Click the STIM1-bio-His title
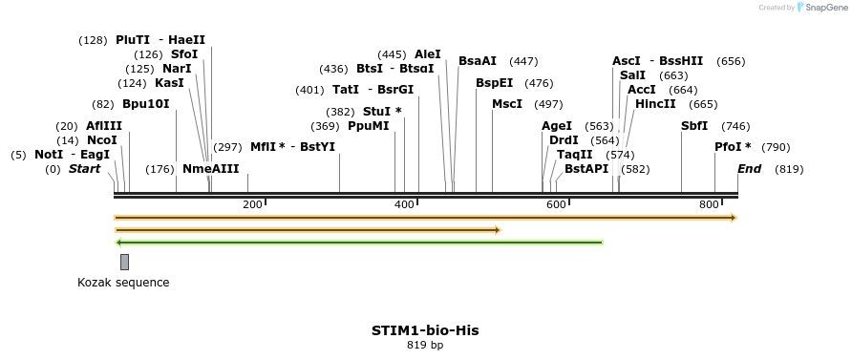(x=425, y=330)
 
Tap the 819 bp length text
(x=425, y=346)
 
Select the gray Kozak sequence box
(x=124, y=262)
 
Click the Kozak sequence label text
(x=123, y=283)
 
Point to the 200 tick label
(x=252, y=204)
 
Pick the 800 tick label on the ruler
(x=709, y=204)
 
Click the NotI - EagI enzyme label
(x=72, y=155)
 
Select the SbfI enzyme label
(x=694, y=126)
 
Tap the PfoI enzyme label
(x=733, y=147)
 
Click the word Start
(x=84, y=169)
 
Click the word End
(x=750, y=169)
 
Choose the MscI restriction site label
(x=507, y=104)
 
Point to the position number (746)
(x=735, y=126)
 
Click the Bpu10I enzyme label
(x=145, y=104)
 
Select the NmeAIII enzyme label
(x=211, y=169)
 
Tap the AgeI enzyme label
(x=557, y=126)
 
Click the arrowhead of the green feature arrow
(x=118, y=243)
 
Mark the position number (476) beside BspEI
(x=539, y=83)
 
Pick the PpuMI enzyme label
(x=369, y=126)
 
